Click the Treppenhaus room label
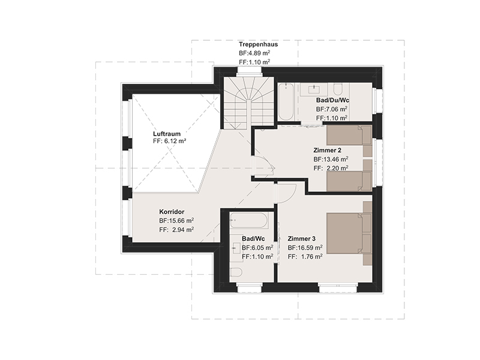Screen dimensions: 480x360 pos(259,44)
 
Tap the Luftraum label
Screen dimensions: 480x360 pos(167,134)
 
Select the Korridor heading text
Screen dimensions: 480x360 pos(172,212)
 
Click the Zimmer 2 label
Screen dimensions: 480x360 pos(327,151)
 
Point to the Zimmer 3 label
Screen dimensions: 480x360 pos(302,239)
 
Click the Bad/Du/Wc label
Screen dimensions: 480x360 pos(333,100)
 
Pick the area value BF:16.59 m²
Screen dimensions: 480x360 pos(305,248)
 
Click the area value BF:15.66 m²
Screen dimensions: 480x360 pos(176,221)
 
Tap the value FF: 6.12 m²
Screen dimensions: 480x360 pos(170,141)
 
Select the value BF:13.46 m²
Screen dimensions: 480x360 pos(331,159)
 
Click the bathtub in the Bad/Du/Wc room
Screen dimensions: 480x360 pos(286,102)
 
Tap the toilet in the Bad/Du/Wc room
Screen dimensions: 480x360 pos(338,89)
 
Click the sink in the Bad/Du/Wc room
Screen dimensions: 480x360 pos(314,89)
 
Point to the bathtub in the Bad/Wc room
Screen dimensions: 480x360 pos(249,220)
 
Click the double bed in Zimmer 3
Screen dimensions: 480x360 pos(349,233)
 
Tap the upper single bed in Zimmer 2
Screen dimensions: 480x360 pos(349,135)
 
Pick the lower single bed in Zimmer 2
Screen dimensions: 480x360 pos(349,182)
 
